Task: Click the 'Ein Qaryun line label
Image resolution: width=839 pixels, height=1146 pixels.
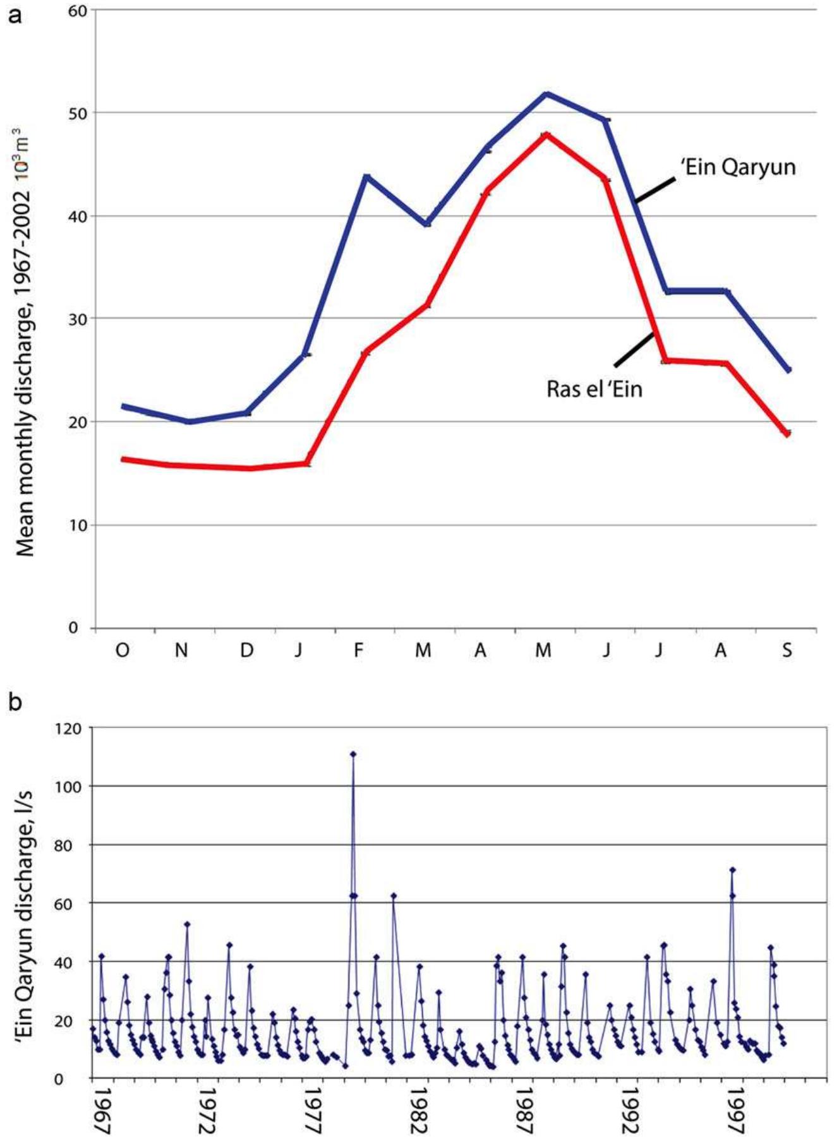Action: point(737,167)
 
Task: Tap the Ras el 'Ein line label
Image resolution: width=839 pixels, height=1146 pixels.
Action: point(594,388)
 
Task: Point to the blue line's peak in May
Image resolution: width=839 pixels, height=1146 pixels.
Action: point(546,94)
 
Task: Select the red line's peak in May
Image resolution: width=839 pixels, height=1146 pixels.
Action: point(546,134)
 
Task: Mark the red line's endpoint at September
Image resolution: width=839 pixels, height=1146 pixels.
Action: point(787,433)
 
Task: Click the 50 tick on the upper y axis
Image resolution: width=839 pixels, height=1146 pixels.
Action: point(78,112)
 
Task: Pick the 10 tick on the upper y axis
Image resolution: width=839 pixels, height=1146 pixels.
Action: point(78,525)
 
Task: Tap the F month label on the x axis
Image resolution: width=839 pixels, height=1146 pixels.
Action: point(358,650)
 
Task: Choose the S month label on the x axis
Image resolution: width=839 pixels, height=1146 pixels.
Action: point(787,650)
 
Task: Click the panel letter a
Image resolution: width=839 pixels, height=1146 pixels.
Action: point(14,14)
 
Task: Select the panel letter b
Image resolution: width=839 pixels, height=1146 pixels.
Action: point(15,701)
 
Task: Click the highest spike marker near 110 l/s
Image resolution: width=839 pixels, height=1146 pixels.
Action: point(353,754)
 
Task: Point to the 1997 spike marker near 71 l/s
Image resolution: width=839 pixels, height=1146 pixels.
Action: point(732,870)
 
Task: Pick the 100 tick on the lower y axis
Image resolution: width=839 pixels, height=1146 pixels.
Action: point(68,786)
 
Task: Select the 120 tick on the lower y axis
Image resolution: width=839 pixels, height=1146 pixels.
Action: point(68,728)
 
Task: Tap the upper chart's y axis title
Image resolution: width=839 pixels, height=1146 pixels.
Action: point(25,341)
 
